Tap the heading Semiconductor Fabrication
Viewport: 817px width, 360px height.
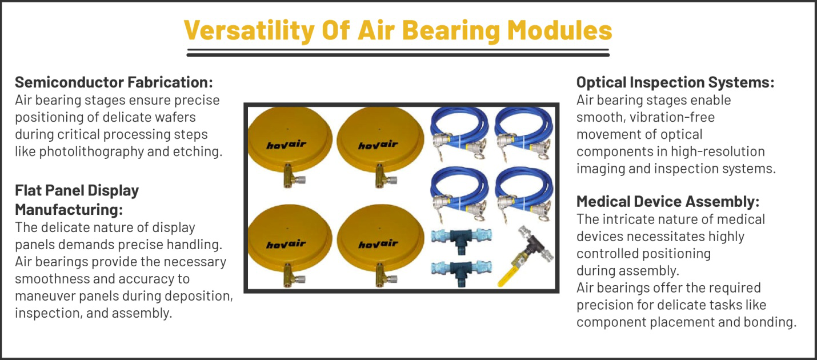(x=114, y=82)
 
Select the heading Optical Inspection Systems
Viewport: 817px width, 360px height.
(x=675, y=82)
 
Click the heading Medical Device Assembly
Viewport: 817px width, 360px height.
(x=668, y=201)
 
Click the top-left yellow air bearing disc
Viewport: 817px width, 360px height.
(x=286, y=140)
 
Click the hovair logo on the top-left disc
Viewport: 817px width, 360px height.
(x=286, y=145)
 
